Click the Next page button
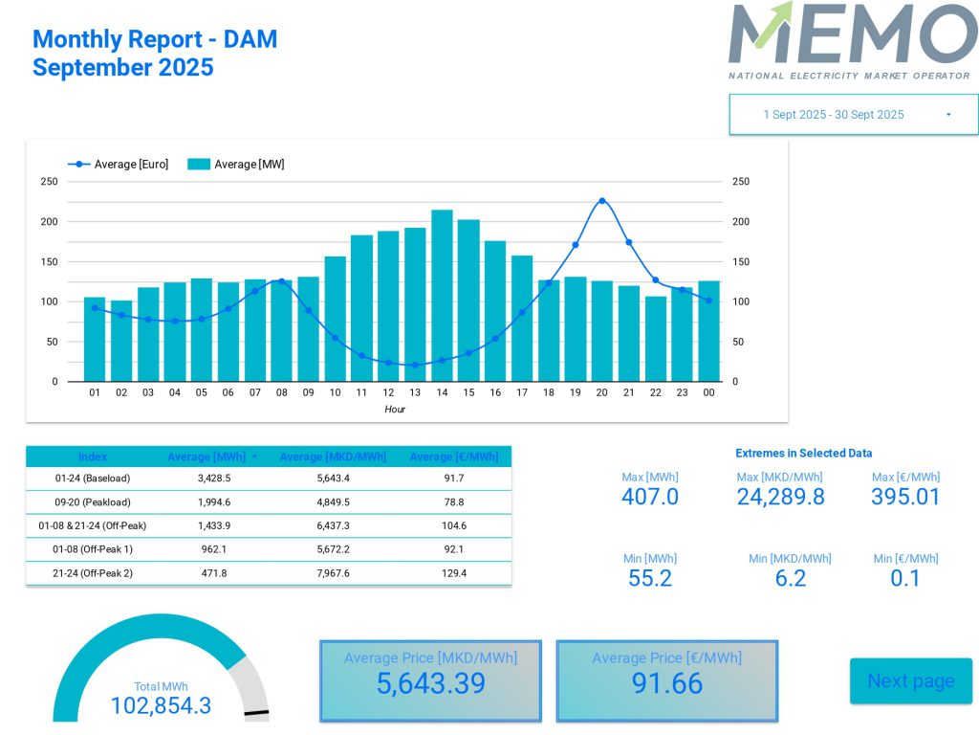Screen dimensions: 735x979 910,680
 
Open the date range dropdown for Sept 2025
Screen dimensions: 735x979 853,115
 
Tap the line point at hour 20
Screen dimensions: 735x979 601,201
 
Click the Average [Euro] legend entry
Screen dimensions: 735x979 120,165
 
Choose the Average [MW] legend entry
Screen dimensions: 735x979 237,165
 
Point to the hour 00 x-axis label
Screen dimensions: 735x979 708,393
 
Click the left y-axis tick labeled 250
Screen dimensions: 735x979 49,182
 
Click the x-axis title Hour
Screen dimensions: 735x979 395,410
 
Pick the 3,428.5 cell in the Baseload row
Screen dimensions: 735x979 214,479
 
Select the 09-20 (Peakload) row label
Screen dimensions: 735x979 93,502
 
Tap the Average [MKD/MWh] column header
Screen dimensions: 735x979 333,457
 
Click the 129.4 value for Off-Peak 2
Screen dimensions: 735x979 454,573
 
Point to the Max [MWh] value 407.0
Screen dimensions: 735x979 650,497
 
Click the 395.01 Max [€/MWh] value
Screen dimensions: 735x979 905,497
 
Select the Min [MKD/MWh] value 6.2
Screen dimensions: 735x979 791,578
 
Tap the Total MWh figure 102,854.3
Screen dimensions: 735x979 161,706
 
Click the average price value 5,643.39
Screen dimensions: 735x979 430,683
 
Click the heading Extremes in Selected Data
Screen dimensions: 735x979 803,454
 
